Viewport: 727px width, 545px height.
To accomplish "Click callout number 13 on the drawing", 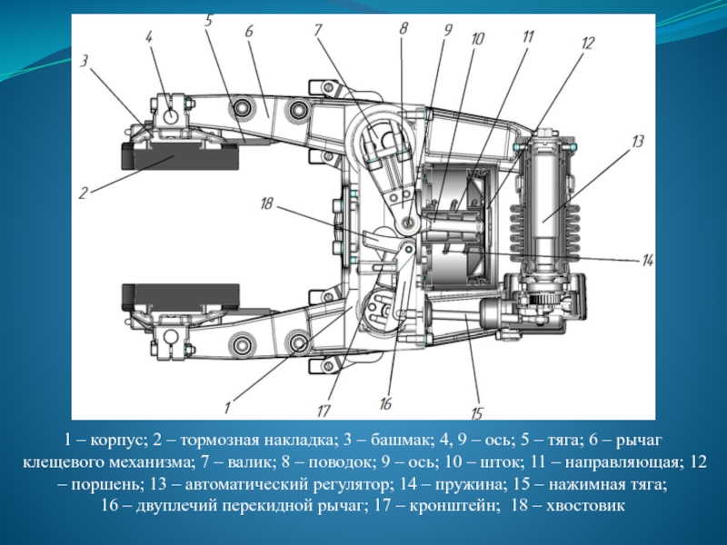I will tap(638, 142).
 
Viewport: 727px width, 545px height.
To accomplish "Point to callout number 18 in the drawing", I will tap(265, 204).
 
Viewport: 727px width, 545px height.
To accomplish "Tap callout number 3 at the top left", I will tap(84, 62).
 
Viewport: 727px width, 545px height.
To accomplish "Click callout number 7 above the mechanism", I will tap(318, 30).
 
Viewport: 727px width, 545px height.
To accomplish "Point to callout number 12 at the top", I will tap(588, 42).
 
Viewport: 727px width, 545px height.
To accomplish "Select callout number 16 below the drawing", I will tap(385, 403).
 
